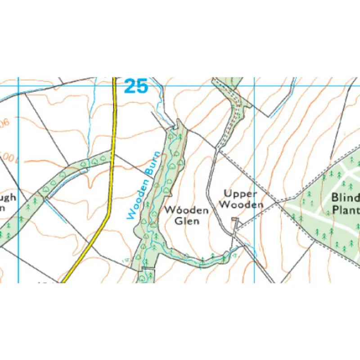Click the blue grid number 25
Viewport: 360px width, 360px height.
136,86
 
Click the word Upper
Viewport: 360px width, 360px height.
240,194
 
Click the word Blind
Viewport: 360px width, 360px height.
346,198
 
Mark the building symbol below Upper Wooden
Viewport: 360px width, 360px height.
234,220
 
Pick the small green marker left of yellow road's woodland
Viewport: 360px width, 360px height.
125,261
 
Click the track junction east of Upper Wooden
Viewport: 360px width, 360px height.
277,202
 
